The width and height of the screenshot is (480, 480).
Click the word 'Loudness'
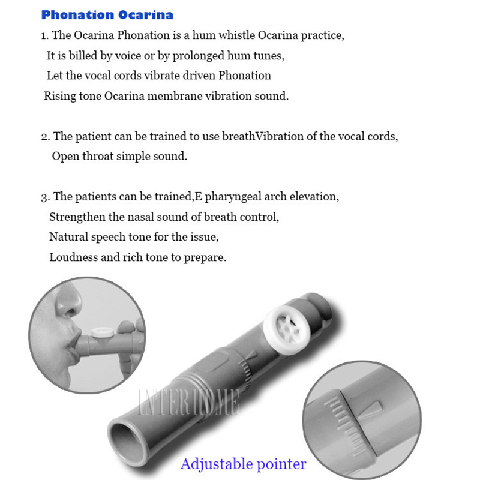(x=73, y=257)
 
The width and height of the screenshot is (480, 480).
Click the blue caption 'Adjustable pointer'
(x=243, y=464)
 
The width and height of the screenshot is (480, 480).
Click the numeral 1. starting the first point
(x=44, y=35)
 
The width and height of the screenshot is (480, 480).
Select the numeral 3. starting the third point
(x=45, y=197)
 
